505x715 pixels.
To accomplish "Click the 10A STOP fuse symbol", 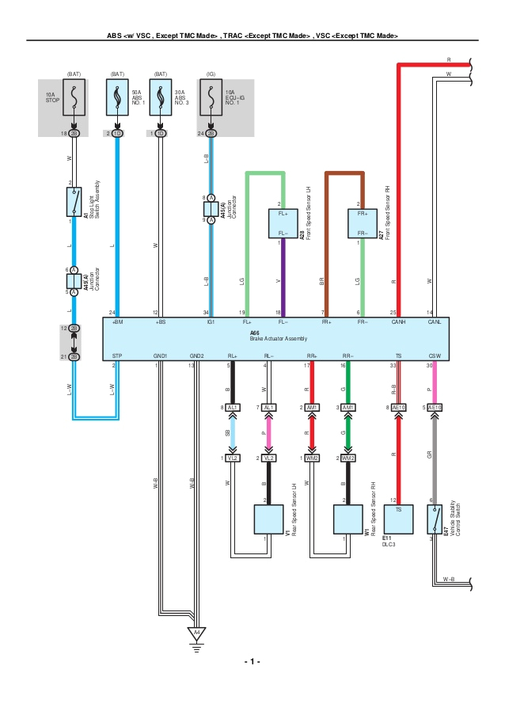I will [74, 98].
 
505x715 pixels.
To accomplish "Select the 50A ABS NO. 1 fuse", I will [117, 98].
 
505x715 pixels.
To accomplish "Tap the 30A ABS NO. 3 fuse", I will [161, 98].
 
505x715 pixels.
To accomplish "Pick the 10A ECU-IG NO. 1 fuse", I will [211, 98].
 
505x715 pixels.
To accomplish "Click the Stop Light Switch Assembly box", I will [74, 202].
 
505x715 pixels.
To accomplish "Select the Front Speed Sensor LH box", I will [279, 223].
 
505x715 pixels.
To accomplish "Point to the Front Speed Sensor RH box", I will [361, 223].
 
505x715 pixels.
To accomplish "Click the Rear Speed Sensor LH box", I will [268, 521].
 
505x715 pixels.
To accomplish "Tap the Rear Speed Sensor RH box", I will [347, 521].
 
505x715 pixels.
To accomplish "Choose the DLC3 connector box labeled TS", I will [398, 520].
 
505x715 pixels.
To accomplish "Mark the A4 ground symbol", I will [195, 633].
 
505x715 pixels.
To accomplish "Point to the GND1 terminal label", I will [161, 356].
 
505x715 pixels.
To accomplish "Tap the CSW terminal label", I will [434, 356].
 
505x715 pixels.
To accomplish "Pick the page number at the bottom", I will [252, 661].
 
